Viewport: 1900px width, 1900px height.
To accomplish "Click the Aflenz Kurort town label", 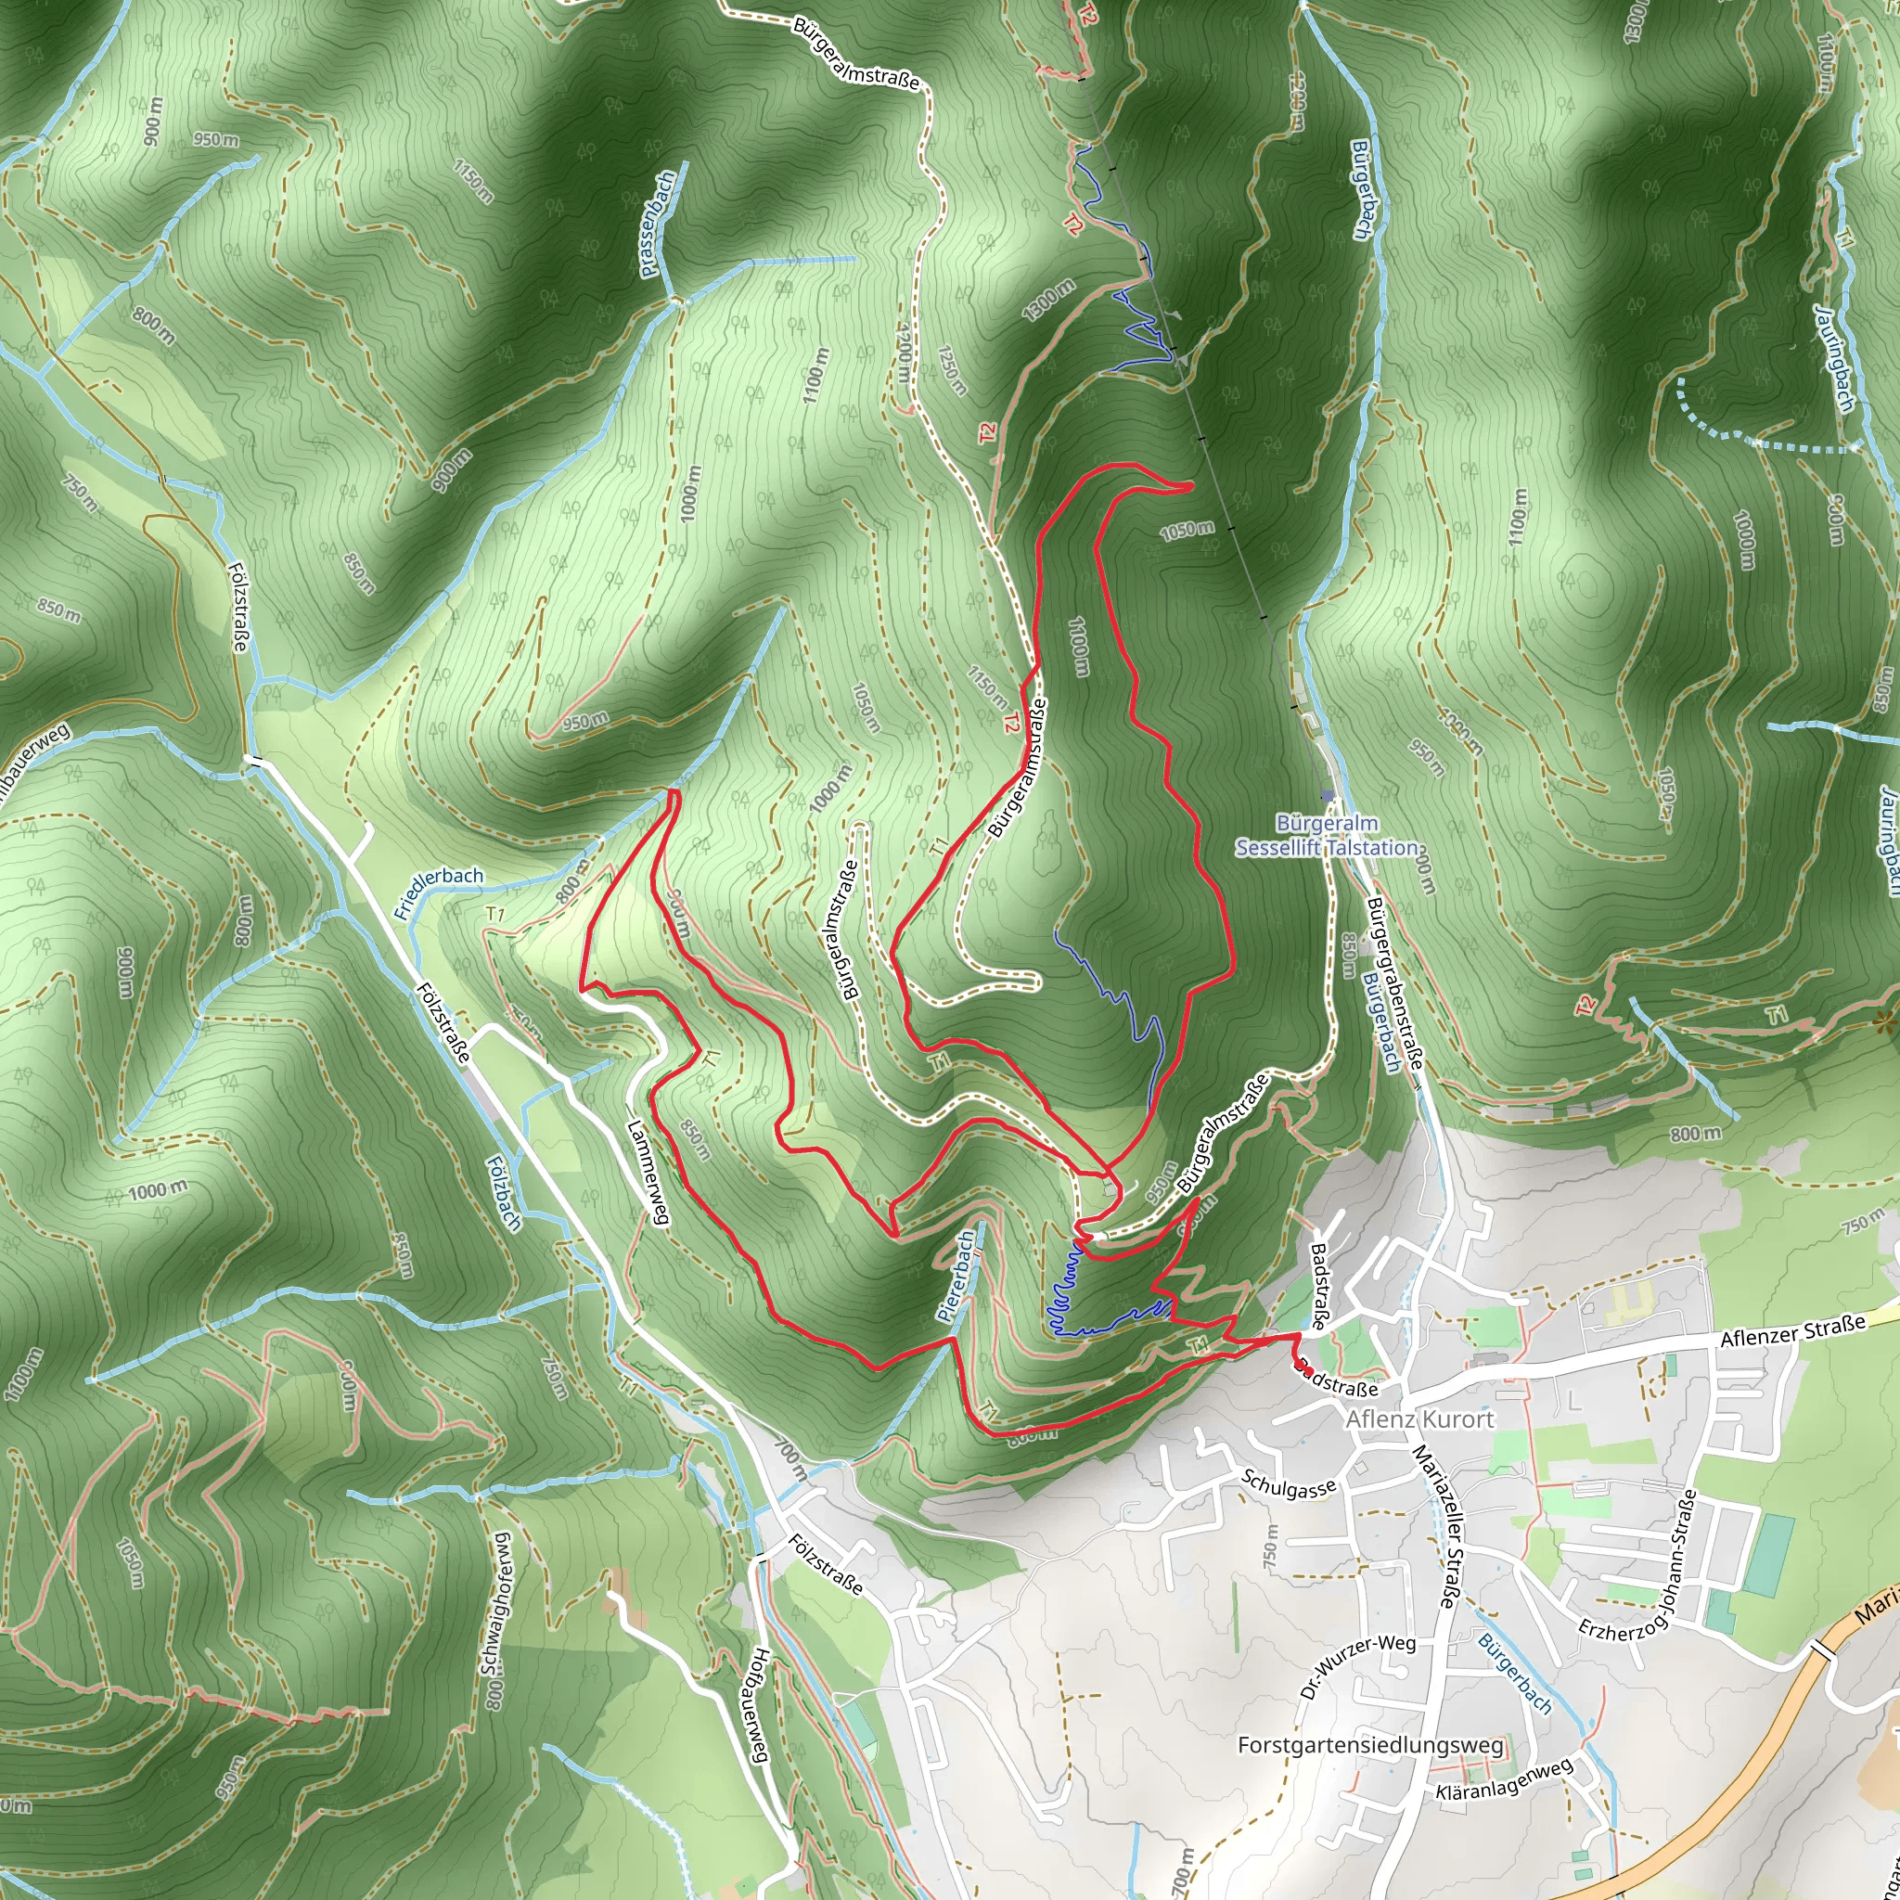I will [x=1419, y=1419].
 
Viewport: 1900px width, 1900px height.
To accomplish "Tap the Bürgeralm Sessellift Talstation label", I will [x=1327, y=835].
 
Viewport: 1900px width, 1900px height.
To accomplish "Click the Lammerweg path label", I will [x=646, y=1174].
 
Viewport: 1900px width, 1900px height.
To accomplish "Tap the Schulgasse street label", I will [x=1289, y=1484].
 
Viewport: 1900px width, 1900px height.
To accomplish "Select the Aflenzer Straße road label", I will [x=1791, y=1332].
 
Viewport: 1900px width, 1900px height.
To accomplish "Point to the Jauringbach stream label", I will [x=1835, y=357].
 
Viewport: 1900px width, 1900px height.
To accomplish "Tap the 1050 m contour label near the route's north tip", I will [x=1187, y=531].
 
